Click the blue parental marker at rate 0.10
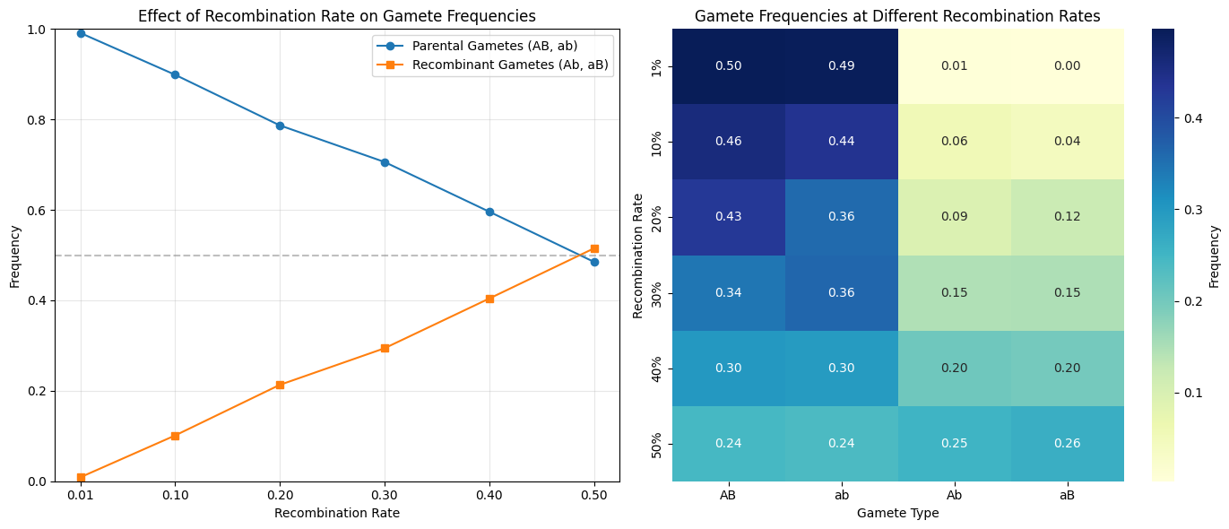tap(175, 74)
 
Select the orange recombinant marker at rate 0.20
tap(280, 385)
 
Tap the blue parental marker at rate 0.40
tap(489, 212)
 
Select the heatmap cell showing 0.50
tap(729, 66)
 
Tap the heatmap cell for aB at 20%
tap(1067, 217)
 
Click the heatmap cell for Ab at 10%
tap(954, 142)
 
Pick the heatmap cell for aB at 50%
tap(1067, 444)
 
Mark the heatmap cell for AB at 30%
tap(729, 292)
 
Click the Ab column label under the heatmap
tap(954, 496)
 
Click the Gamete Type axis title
tap(897, 514)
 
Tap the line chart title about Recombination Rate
tap(337, 16)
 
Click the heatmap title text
tap(897, 16)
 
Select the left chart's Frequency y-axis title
tap(14, 256)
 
